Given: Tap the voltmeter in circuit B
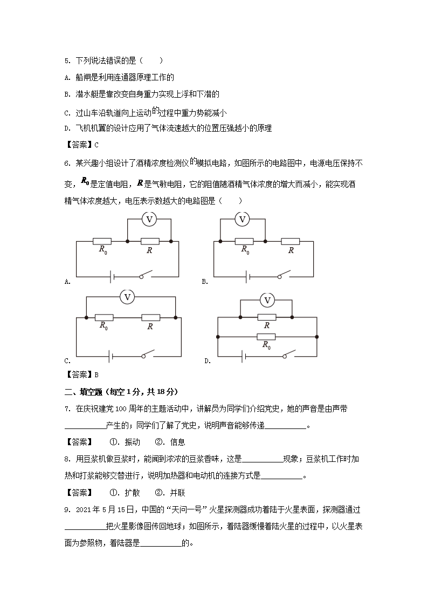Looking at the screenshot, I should pyautogui.click(x=243, y=219).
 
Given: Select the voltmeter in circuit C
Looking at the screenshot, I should pyautogui.click(x=128, y=297).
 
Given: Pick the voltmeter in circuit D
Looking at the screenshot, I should pyautogui.click(x=266, y=300).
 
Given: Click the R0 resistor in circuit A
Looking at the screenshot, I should pyautogui.click(x=102, y=241).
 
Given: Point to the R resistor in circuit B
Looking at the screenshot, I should pyautogui.click(x=291, y=241).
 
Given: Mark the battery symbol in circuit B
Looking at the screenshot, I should pyautogui.click(x=248, y=276).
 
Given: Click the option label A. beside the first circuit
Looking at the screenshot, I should pyautogui.click(x=67, y=281).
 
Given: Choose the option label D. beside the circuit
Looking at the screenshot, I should pyautogui.click(x=208, y=361).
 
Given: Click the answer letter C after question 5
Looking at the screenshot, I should pyautogui.click(x=96, y=145).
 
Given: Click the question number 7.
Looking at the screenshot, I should pyautogui.click(x=67, y=410).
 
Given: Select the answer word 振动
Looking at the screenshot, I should pyautogui.click(x=132, y=442).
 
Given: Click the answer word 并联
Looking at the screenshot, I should pyautogui.click(x=177, y=493).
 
